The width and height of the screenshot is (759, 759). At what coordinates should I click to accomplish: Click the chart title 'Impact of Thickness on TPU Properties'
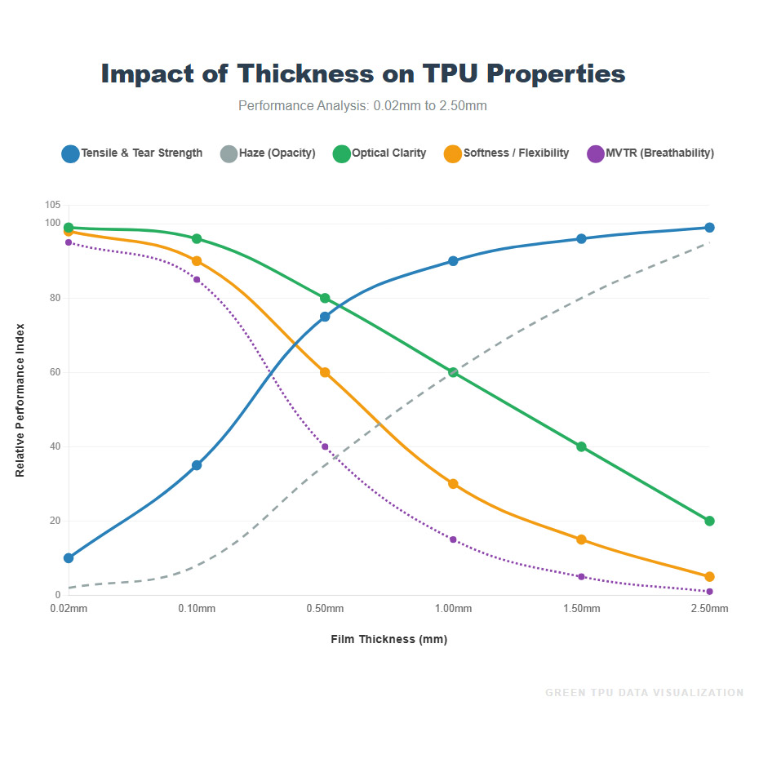pos(363,73)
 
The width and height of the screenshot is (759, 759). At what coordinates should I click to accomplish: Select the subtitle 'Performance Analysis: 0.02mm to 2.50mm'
pos(362,106)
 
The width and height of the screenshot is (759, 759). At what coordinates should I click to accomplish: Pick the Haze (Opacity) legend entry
pos(269,153)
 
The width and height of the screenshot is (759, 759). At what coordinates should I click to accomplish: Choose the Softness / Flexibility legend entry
pos(507,153)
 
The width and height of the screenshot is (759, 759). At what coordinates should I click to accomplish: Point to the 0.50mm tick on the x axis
pos(325,609)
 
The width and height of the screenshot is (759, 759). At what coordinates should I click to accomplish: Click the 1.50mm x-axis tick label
pos(581,609)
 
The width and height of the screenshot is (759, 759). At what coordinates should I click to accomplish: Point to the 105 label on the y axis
pos(52,205)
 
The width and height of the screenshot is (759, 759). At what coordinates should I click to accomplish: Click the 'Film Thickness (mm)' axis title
pos(389,639)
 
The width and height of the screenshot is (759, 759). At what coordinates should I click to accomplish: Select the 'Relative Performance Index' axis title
pos(20,400)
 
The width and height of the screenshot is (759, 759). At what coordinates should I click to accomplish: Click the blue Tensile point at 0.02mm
pos(69,558)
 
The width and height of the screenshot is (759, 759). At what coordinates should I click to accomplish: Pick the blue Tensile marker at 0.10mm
pos(197,465)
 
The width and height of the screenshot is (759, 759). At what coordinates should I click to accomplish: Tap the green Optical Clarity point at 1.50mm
pos(581,446)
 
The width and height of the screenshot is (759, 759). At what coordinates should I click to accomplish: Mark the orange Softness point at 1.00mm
pos(453,484)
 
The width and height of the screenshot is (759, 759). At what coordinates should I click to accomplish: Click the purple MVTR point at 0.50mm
pos(325,446)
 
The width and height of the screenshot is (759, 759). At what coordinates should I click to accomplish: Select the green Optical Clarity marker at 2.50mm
pos(709,521)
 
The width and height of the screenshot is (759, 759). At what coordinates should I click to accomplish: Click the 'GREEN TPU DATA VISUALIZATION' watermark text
pos(644,693)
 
